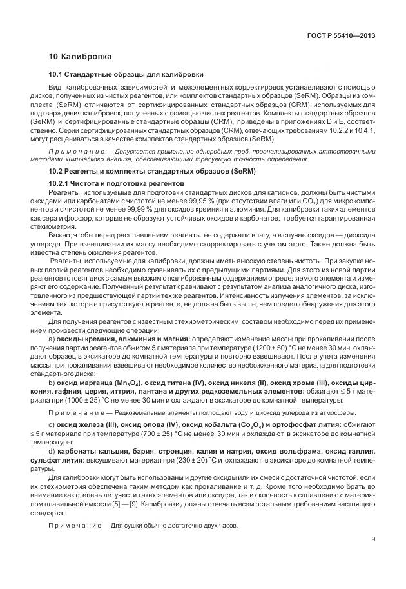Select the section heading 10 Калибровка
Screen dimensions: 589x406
[x=80, y=57]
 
